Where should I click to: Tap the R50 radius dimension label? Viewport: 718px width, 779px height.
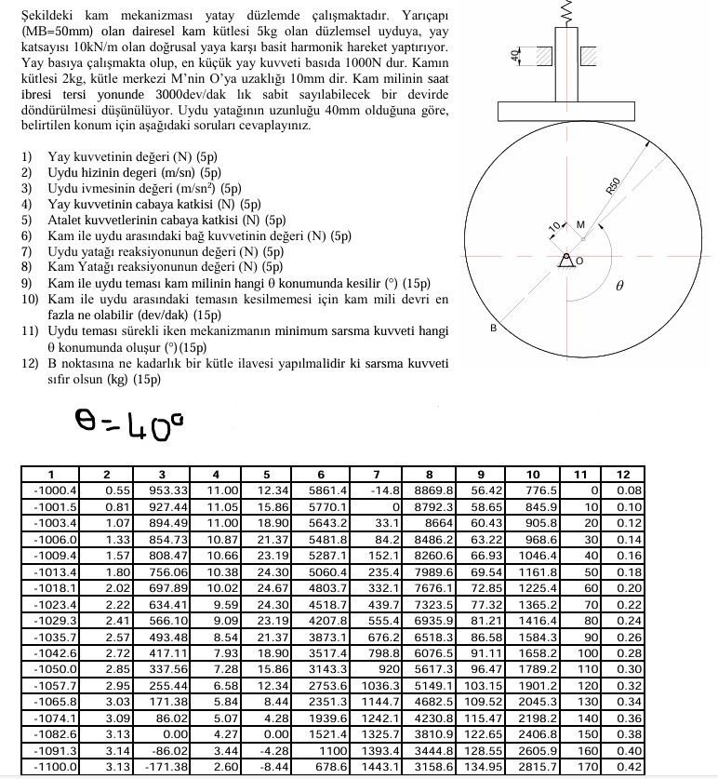(613, 184)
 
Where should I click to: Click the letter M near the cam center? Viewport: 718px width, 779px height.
(581, 224)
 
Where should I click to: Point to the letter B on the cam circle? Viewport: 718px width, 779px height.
(494, 329)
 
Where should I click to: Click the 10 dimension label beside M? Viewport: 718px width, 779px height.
(553, 226)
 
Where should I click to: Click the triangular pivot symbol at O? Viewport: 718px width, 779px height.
(564, 262)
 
